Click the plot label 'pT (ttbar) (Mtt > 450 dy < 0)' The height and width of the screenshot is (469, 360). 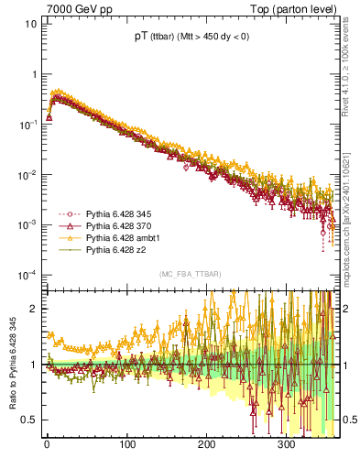(191, 38)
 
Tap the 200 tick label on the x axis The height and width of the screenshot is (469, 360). (206, 444)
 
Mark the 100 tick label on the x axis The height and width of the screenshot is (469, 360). (126, 444)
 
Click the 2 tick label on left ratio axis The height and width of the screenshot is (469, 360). (34, 309)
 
